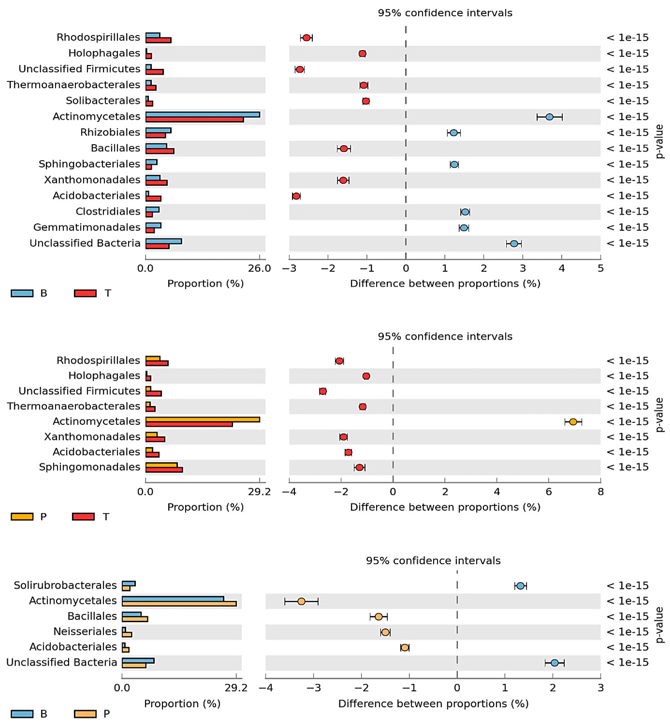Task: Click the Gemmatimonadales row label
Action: click(87, 227)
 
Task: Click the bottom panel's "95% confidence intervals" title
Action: click(433, 561)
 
